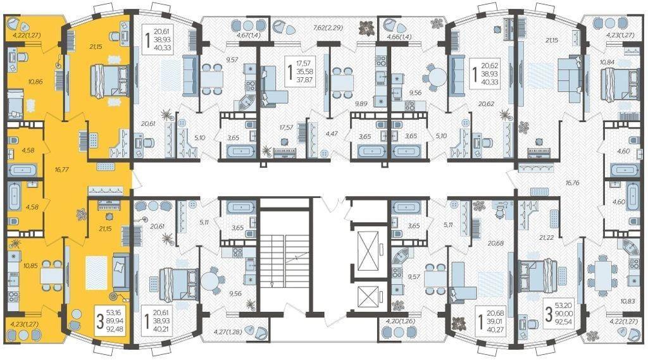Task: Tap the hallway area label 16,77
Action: pyautogui.click(x=62, y=169)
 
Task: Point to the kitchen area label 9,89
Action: pyautogui.click(x=361, y=104)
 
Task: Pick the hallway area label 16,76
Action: pyautogui.click(x=572, y=183)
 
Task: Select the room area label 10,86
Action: pyautogui.click(x=35, y=82)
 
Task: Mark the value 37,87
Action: pyautogui.click(x=304, y=80)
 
